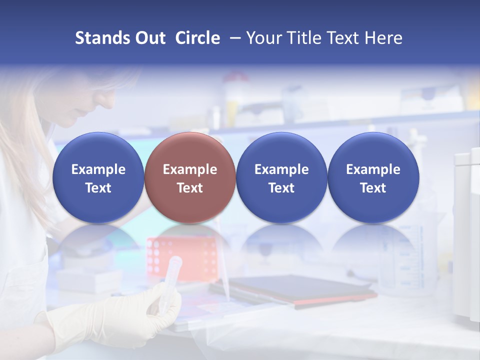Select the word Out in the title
click(149, 38)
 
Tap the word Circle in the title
click(197, 38)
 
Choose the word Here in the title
click(384, 38)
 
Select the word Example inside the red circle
click(190, 169)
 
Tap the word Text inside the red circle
click(190, 188)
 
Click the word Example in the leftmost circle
click(98, 169)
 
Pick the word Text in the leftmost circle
click(98, 188)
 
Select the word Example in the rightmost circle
click(373, 169)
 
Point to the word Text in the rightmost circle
click(373, 188)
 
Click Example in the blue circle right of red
click(281, 169)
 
